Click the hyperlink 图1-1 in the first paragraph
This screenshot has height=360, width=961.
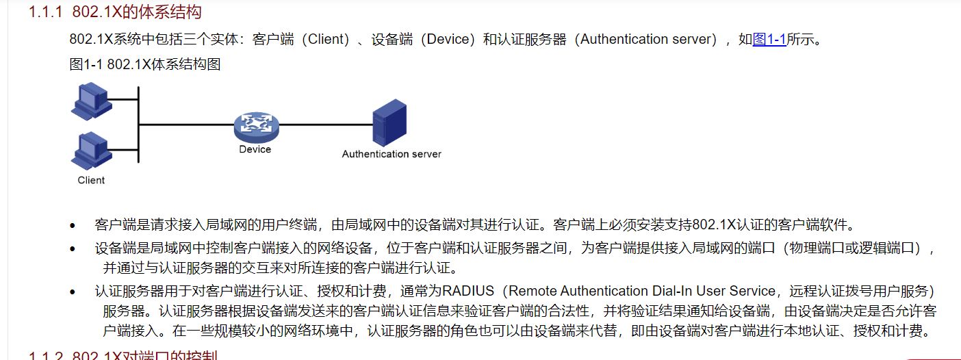click(769, 39)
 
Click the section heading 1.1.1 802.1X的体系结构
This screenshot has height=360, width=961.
click(115, 12)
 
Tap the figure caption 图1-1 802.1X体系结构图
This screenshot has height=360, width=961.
click(144, 65)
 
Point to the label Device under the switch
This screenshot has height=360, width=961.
click(255, 149)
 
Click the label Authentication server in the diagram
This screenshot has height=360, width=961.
click(392, 154)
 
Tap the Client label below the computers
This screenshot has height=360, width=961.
click(91, 180)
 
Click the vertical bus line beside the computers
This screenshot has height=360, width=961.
click(138, 125)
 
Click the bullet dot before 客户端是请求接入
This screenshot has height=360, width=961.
click(73, 225)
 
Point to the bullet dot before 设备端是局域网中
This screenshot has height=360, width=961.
click(73, 248)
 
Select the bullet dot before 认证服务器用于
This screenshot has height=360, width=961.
click(73, 292)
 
